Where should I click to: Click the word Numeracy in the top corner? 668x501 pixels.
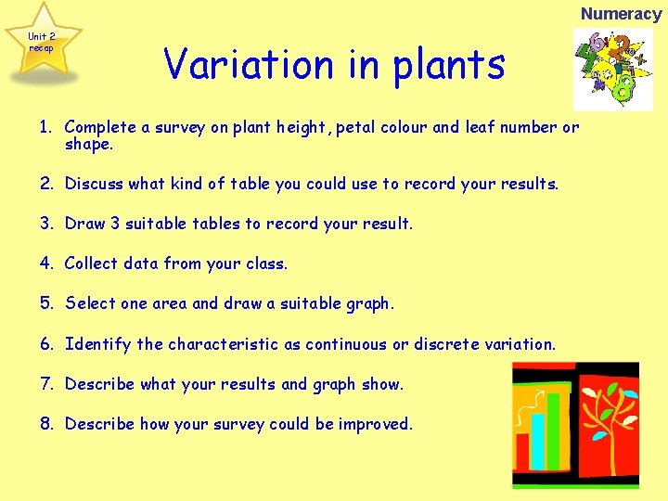pyautogui.click(x=621, y=13)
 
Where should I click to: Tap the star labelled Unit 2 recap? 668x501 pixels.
pyautogui.click(x=42, y=42)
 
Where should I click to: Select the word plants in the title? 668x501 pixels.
pyautogui.click(x=449, y=66)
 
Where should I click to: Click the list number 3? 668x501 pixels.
pyautogui.click(x=45, y=224)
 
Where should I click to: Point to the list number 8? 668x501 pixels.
pyautogui.click(x=45, y=424)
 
